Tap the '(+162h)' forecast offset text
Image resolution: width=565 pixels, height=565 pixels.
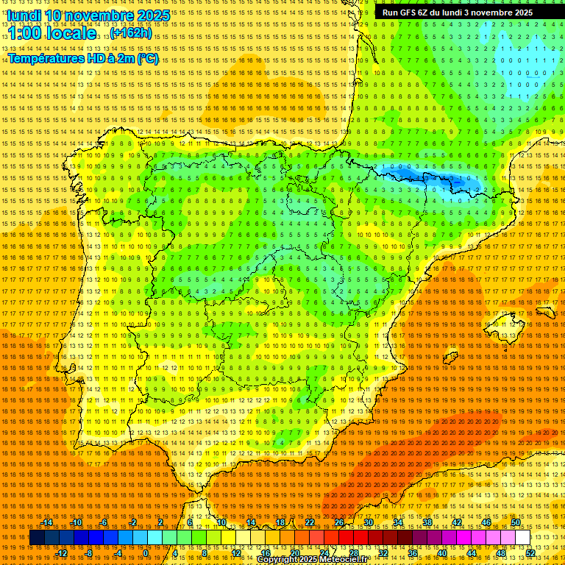pos(132,33)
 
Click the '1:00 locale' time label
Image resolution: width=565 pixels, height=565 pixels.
pos(52,34)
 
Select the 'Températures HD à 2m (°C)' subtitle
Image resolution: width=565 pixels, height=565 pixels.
pos(83,58)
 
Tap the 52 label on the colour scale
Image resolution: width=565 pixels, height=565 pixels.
pos(530,552)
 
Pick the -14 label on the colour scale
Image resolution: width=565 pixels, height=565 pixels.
pos(47,522)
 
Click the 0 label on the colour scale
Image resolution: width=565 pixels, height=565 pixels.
pos(146,552)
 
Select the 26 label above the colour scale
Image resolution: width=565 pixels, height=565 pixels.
pos(338,522)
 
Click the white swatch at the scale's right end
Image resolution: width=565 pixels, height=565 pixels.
pos(523,538)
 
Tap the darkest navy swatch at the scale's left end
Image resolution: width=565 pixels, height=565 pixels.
pos(37,538)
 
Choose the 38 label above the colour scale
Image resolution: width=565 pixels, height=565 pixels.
pos(427,522)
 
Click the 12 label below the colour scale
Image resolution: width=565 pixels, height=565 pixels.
pos(235,552)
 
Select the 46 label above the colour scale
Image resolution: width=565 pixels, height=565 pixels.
pos(486,522)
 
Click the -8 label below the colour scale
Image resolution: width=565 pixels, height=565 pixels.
pos(90,552)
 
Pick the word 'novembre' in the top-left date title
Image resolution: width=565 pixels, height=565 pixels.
pos(91,15)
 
